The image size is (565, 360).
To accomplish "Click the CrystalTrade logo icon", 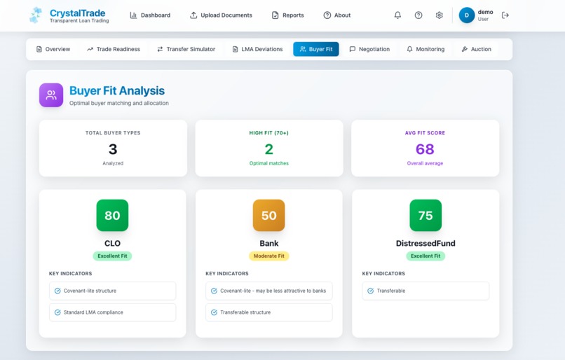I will tap(36, 15).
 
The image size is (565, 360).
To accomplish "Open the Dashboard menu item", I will tap(150, 15).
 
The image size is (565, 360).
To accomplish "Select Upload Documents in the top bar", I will tap(221, 15).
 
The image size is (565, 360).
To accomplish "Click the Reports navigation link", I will tap(287, 15).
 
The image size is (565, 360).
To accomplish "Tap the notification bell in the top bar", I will tap(397, 15).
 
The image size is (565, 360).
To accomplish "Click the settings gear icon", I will tap(439, 15).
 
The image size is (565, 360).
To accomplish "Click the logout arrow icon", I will tap(505, 15).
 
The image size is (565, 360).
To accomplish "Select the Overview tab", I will tap(53, 49).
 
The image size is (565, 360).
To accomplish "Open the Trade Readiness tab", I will tap(114, 49).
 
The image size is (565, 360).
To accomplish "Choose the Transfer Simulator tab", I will tap(186, 49).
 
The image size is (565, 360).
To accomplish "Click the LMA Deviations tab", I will tap(257, 49).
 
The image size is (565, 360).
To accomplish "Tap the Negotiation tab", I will tap(369, 49).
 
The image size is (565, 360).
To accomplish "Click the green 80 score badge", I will tap(112, 216).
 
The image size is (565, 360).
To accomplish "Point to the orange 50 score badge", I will tap(268, 216).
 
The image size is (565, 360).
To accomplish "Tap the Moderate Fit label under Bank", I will tap(268, 256).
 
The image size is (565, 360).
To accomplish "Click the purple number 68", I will tap(425, 149).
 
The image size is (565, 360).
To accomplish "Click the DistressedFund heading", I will tap(425, 244).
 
